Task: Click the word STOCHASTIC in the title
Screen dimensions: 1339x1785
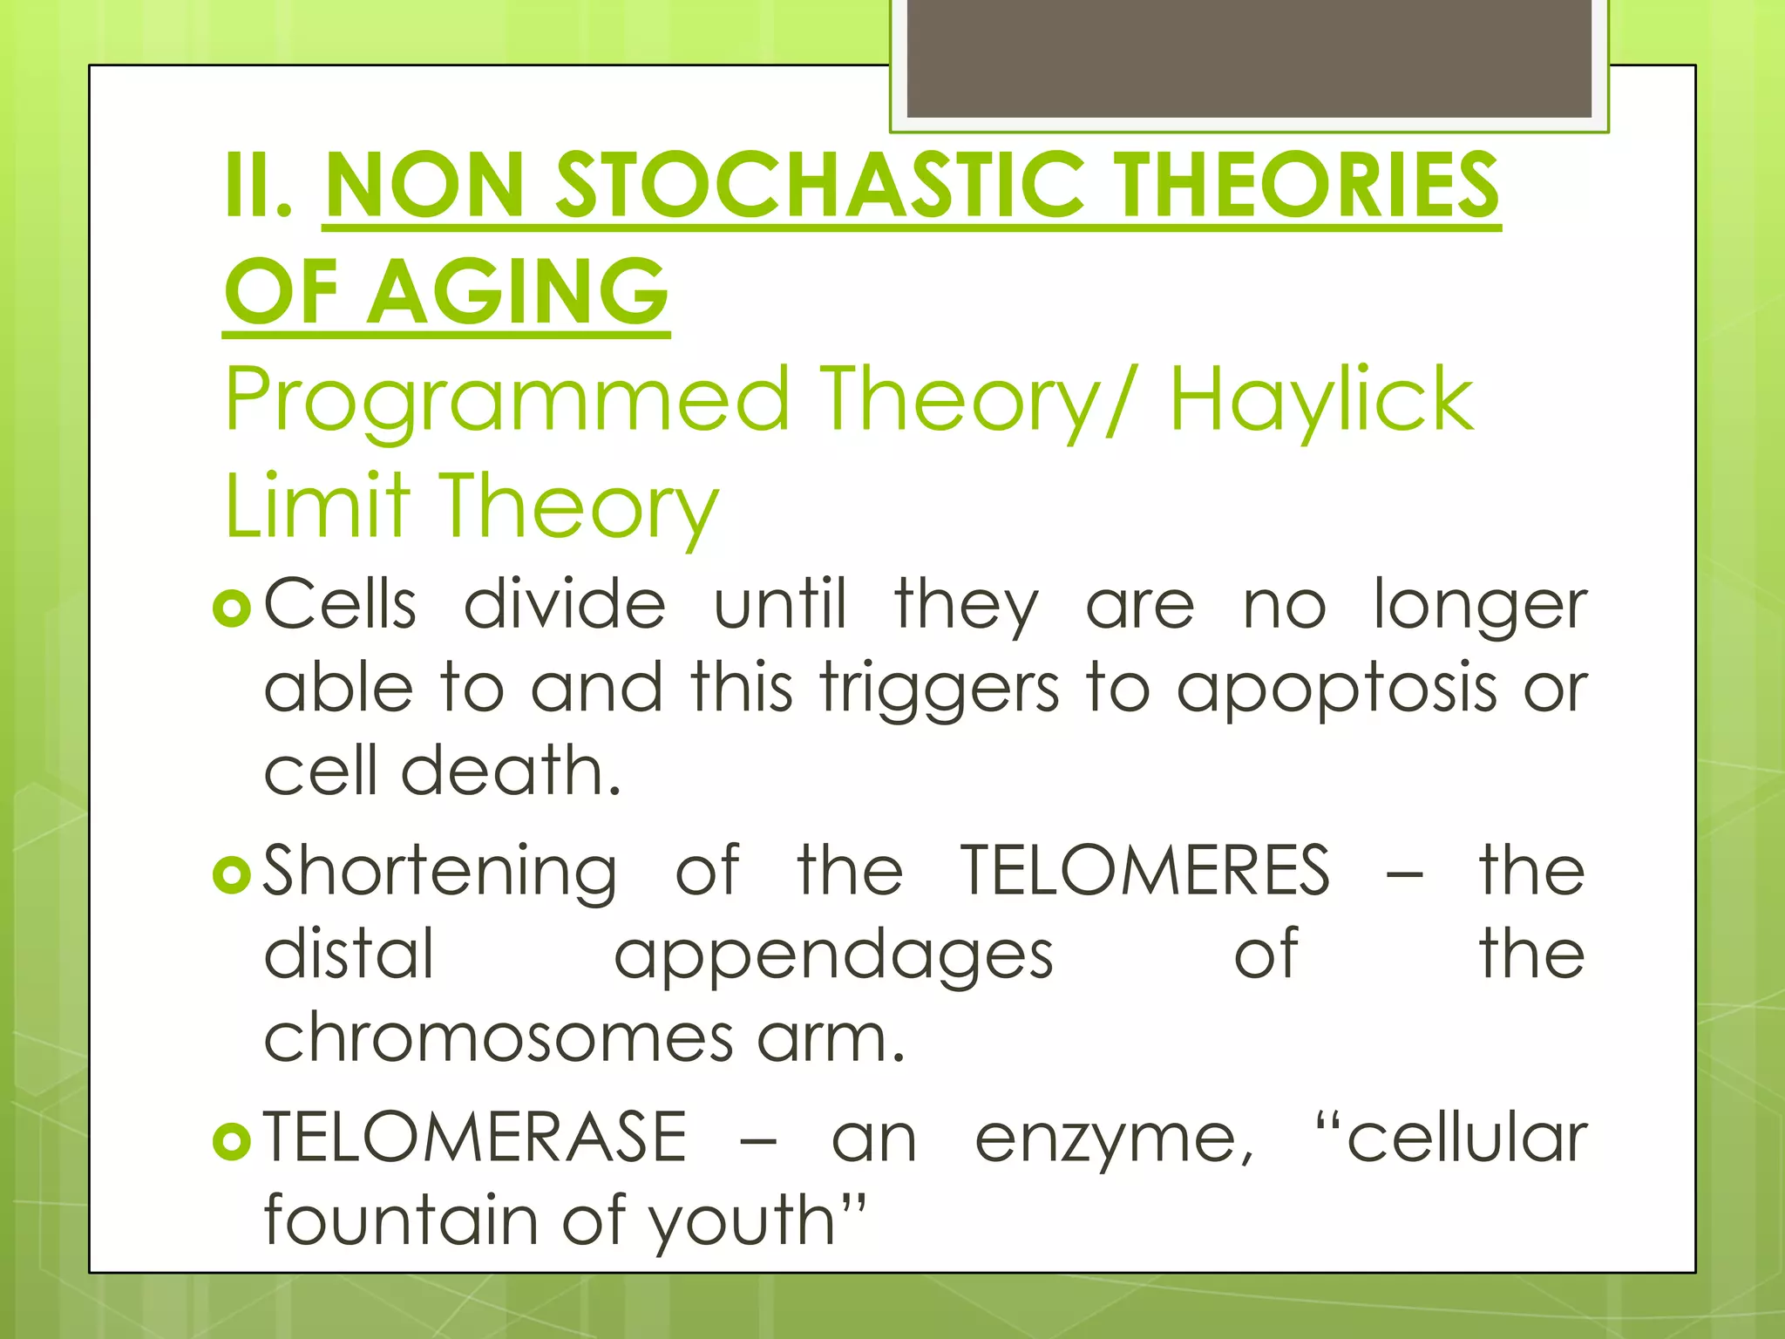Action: tap(819, 185)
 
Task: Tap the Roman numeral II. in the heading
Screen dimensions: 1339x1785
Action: tap(258, 185)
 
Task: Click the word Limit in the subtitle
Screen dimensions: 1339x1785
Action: tap(317, 506)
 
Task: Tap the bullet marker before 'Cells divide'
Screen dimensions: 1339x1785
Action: tap(231, 608)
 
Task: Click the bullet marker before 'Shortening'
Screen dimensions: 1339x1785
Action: tap(231, 873)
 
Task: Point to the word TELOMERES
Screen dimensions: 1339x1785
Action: tap(1145, 870)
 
